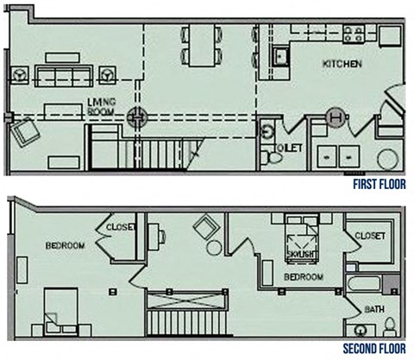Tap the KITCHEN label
coord(342,65)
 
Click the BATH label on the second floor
coord(373,308)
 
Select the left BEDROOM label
coord(66,246)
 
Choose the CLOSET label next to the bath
coord(369,234)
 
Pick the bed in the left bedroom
coord(64,308)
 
